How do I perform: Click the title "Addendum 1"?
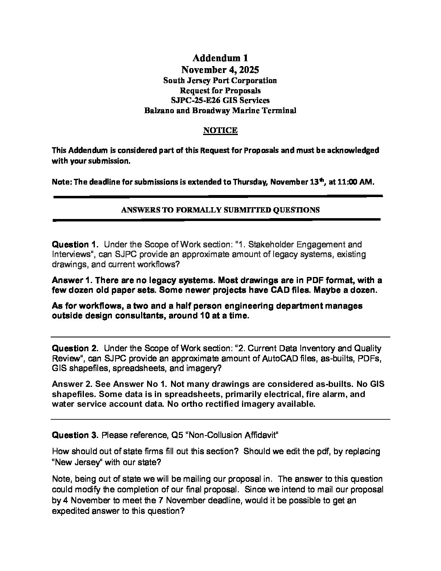[x=220, y=58]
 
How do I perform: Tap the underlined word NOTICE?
[x=220, y=130]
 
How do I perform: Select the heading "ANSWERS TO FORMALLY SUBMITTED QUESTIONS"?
[x=220, y=210]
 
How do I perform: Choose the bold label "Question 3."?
[x=75, y=436]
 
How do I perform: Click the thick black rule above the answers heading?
[x=218, y=197]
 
